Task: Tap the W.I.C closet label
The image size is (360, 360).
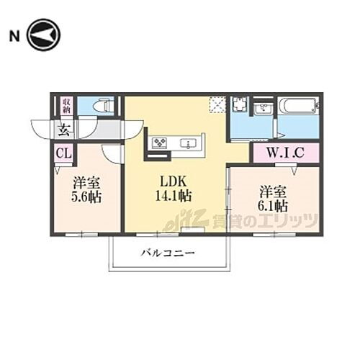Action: coord(284,153)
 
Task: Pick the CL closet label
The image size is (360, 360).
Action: coord(63,153)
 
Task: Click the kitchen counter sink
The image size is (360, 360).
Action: coord(189,143)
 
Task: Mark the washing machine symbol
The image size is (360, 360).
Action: coord(240,106)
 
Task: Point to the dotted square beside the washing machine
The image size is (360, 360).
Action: coord(217,105)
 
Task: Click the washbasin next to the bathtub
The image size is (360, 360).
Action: coord(263,109)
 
